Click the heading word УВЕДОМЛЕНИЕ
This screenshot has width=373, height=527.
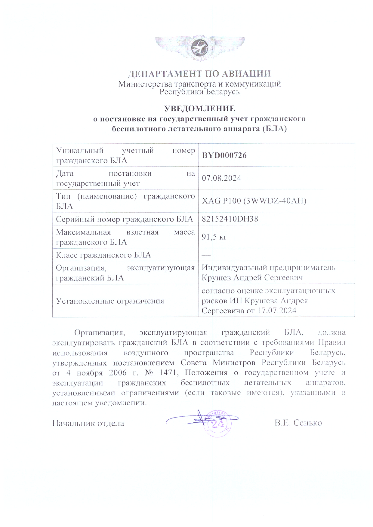point(199,109)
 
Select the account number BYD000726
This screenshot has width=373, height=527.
point(224,155)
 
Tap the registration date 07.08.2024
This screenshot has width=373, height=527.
point(221,178)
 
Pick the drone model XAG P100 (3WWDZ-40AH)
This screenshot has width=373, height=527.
point(254,201)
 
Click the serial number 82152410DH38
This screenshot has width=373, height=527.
point(230,219)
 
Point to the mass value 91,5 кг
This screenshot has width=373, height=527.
point(214,237)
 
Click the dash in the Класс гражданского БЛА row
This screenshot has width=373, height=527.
point(206,255)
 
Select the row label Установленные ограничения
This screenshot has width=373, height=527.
point(110,301)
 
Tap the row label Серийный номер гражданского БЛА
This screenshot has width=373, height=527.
point(124,219)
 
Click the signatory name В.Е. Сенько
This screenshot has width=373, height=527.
point(298,423)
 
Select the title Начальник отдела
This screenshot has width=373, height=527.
point(88,423)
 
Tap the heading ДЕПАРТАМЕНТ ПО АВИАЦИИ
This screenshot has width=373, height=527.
point(199,74)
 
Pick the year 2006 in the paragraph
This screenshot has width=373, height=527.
point(118,373)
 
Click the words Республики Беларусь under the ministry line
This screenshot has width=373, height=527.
point(199,92)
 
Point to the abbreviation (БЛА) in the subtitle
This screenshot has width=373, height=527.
point(274,129)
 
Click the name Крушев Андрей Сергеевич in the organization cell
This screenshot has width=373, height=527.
point(252,278)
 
